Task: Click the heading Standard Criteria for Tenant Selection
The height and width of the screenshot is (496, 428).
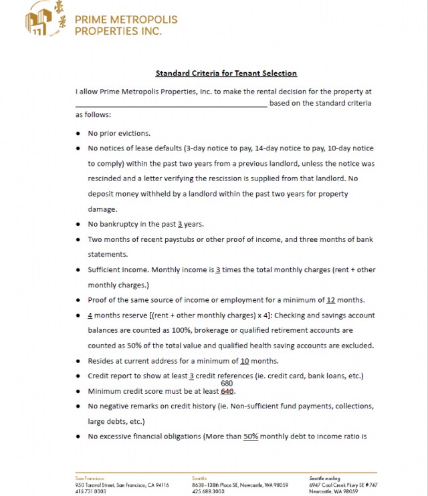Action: (x=226, y=74)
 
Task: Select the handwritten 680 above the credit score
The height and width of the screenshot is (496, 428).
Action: (x=227, y=383)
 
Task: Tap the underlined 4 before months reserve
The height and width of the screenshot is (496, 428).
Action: (x=90, y=315)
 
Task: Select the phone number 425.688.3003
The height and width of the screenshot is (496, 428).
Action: (x=207, y=491)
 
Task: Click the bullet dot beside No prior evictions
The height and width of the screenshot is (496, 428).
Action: (x=79, y=133)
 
